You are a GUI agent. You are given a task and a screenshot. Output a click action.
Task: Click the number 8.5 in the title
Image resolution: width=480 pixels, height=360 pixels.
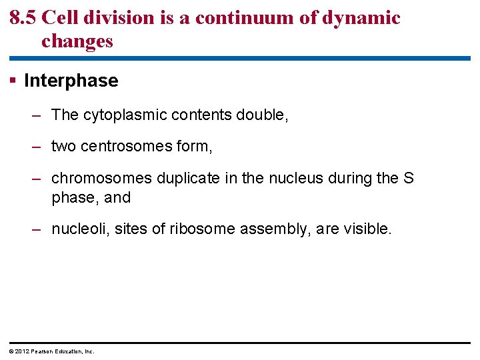pyautogui.click(x=23, y=18)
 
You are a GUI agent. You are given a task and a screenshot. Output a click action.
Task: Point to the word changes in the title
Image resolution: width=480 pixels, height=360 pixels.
pyautogui.click(x=77, y=41)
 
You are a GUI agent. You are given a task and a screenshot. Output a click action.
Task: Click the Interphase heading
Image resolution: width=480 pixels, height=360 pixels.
pyautogui.click(x=71, y=81)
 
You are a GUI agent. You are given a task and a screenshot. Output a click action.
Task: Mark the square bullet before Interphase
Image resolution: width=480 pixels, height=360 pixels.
pyautogui.click(x=13, y=81)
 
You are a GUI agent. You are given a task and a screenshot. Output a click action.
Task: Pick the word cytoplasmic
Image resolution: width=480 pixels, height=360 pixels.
pyautogui.click(x=125, y=115)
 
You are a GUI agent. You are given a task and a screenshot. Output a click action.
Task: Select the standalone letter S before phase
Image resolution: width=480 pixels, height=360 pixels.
pyautogui.click(x=408, y=179)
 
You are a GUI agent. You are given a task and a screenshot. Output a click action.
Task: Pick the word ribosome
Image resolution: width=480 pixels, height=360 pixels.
pyautogui.click(x=197, y=229)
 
